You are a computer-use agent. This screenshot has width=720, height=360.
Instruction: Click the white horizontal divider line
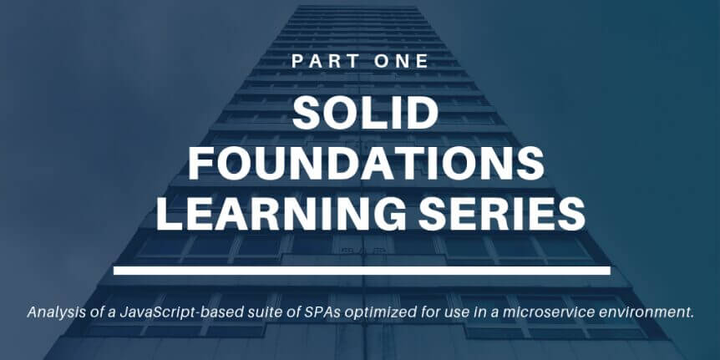pos(362,271)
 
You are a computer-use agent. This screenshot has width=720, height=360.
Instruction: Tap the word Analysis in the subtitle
pos(48,312)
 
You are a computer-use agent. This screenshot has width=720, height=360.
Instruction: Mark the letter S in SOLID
pos(307,114)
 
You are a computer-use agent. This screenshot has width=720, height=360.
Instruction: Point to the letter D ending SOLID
pos(423,114)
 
